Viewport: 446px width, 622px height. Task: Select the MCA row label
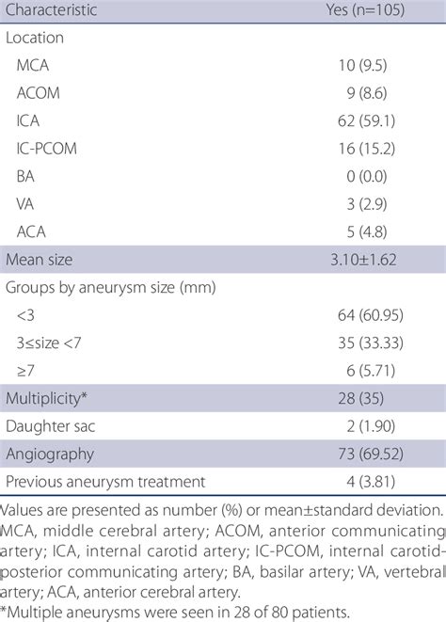35,67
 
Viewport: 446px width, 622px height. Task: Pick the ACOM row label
40,94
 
